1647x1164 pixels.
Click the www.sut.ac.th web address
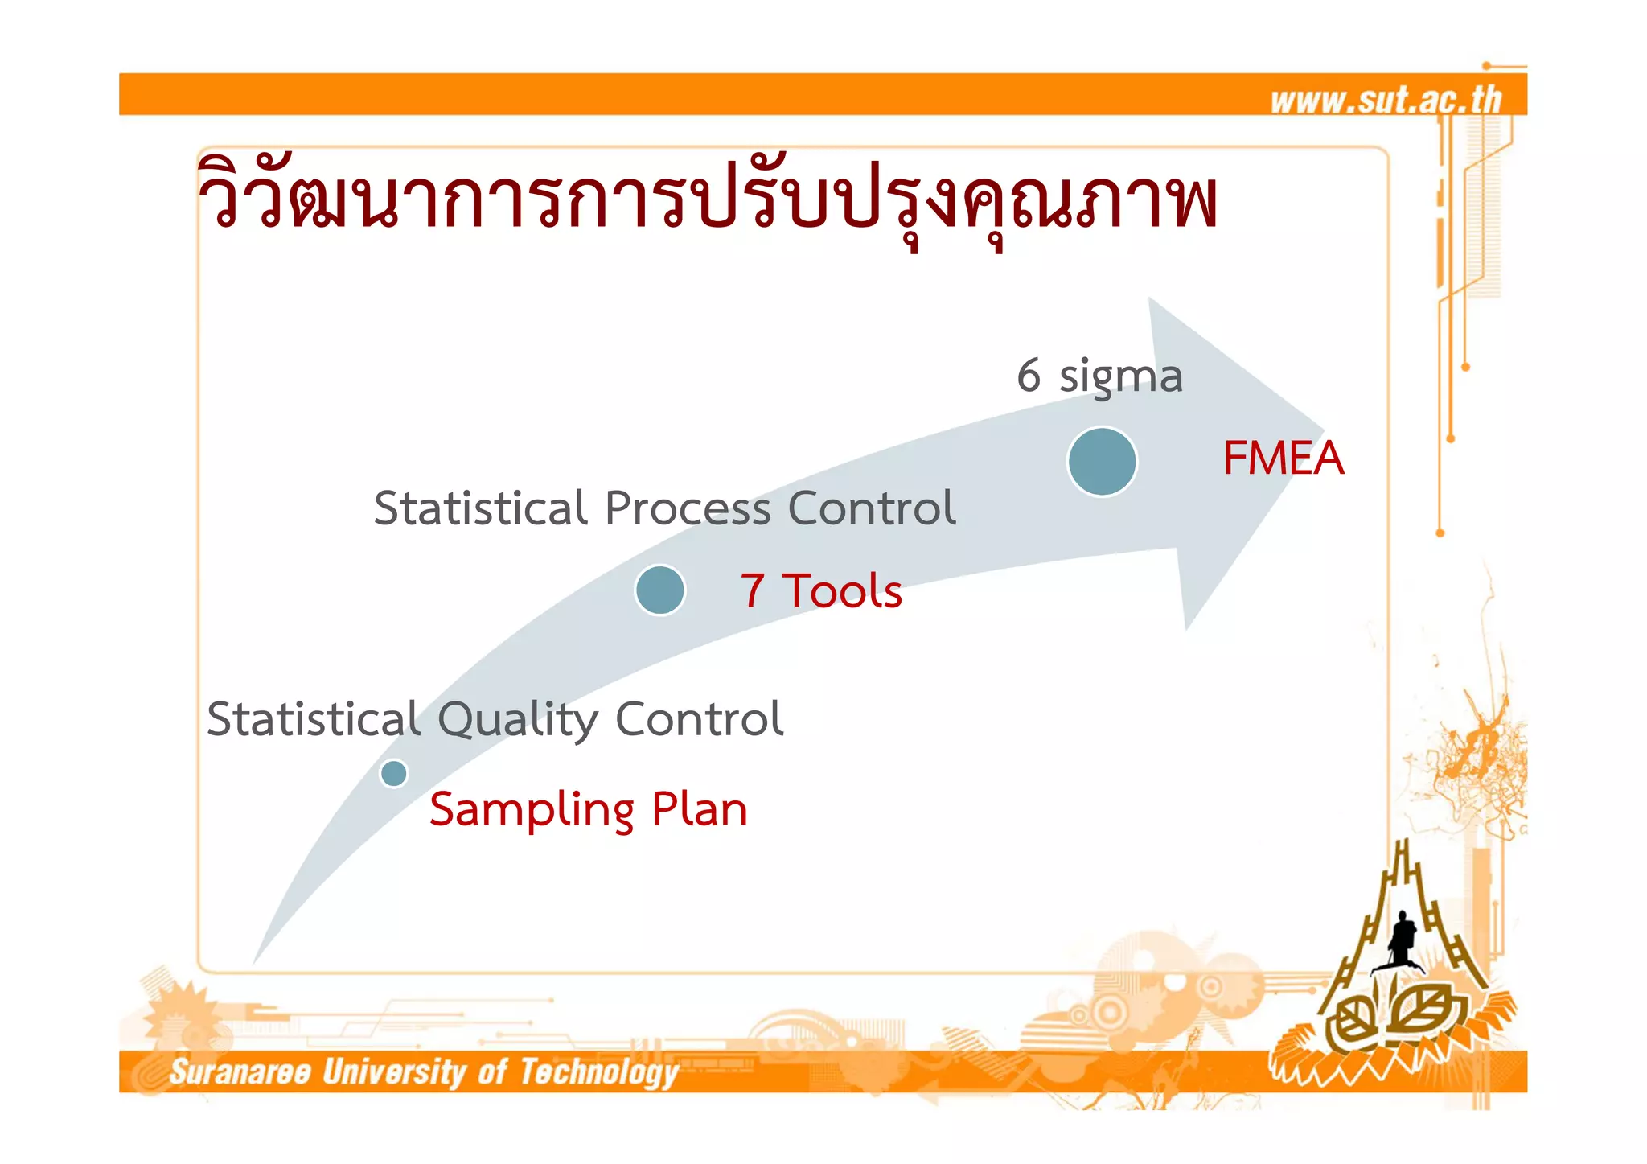(1386, 100)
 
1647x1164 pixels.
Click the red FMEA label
(1283, 459)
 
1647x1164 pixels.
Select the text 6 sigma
(1099, 376)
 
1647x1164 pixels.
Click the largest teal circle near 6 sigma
(1102, 462)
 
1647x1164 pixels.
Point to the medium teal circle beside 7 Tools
(659, 590)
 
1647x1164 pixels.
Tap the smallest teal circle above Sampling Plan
(393, 773)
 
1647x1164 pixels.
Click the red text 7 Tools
(821, 590)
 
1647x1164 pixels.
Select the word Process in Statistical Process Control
(688, 508)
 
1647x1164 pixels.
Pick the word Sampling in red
(532, 809)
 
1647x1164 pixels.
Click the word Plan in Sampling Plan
(699, 809)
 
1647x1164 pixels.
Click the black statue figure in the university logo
(1403, 937)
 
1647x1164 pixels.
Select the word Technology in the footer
(598, 1073)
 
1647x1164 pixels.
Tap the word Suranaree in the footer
(240, 1072)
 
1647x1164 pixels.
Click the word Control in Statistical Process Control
(872, 508)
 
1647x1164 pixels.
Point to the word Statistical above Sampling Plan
(314, 719)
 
